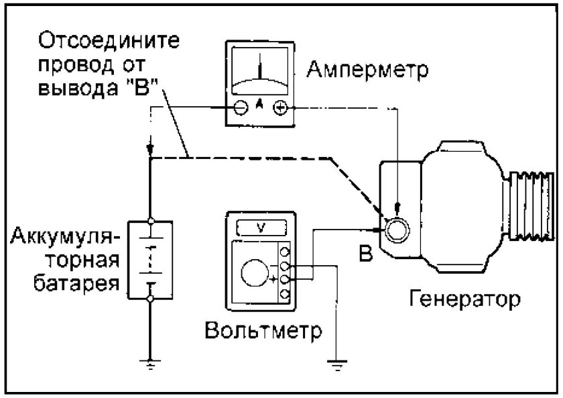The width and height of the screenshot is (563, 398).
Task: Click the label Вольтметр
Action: point(263,331)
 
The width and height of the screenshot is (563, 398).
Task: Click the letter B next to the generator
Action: point(364,254)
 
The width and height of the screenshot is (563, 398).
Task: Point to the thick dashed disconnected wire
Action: point(268,158)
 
